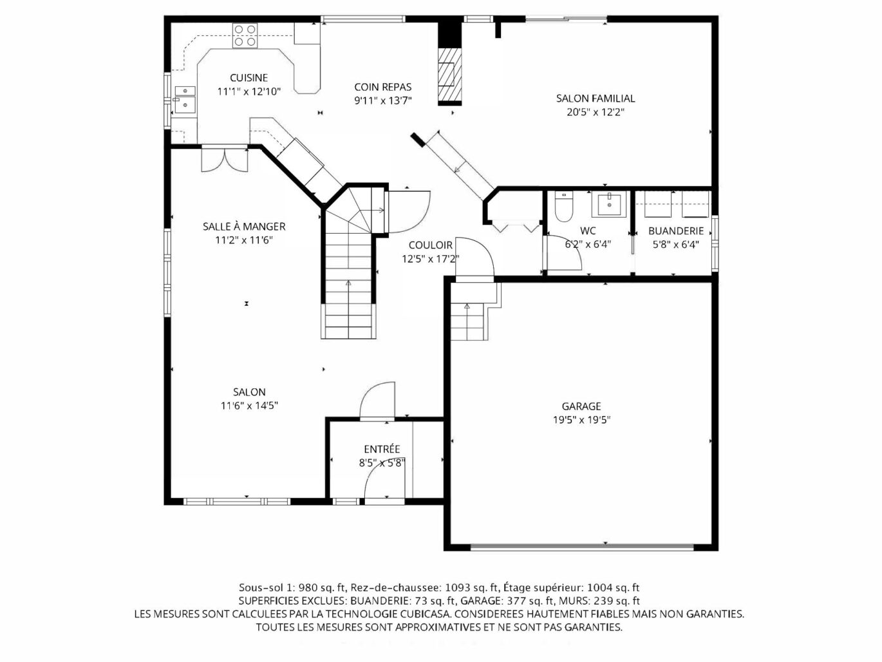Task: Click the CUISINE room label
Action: (x=249, y=77)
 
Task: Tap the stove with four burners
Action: (x=245, y=35)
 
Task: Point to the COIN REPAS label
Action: (x=383, y=87)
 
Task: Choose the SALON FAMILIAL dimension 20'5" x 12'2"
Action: (x=596, y=112)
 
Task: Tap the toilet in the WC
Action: (x=563, y=207)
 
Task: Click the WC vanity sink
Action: (x=609, y=203)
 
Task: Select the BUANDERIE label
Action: (x=676, y=231)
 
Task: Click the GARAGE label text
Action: (x=581, y=406)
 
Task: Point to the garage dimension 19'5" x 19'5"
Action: (x=581, y=420)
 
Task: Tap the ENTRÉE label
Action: (x=382, y=449)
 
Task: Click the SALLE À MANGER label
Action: (x=244, y=226)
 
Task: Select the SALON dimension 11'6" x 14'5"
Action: (x=249, y=406)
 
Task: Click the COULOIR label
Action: (x=430, y=245)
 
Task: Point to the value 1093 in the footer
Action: (x=457, y=588)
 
